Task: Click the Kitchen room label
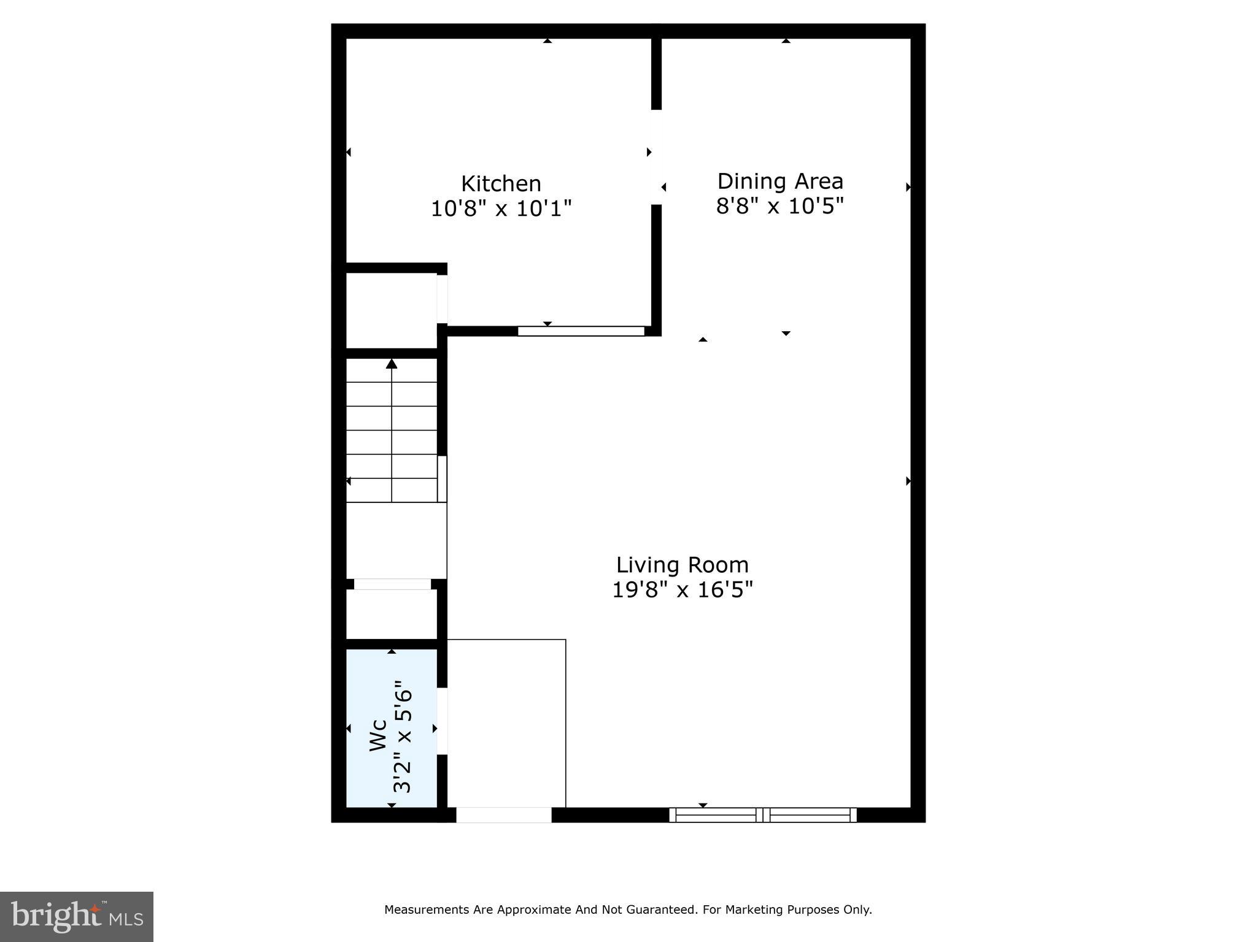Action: (x=501, y=183)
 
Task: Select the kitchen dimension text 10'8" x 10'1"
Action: (x=501, y=209)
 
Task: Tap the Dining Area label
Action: (x=780, y=181)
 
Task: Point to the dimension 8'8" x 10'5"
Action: (x=780, y=206)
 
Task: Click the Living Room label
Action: (x=682, y=564)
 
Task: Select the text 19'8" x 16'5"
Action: (x=682, y=590)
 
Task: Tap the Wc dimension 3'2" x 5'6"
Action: (x=403, y=736)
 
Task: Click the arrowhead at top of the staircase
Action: (x=392, y=364)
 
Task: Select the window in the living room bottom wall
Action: (x=762, y=815)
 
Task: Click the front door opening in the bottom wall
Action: (x=503, y=815)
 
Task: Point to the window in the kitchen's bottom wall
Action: (x=581, y=331)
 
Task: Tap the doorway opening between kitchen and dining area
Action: (x=657, y=157)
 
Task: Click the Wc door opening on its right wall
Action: (x=442, y=721)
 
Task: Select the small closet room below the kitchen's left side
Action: (x=391, y=310)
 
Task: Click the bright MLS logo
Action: (x=77, y=916)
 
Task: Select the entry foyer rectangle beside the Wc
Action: (x=506, y=724)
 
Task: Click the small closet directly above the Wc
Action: (x=391, y=613)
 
